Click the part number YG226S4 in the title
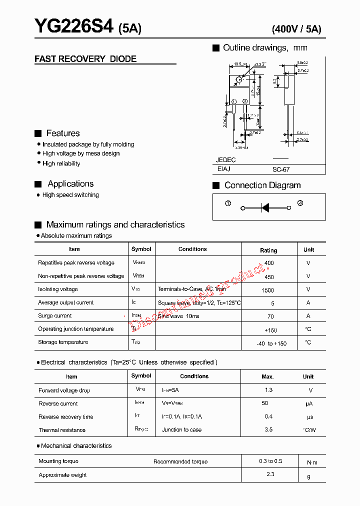pos(74,26)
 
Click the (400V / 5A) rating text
pos(296,29)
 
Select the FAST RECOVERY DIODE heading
pos(85,59)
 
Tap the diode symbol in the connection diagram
pos(265,207)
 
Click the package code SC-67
pos(281,169)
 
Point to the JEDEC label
pos(225,160)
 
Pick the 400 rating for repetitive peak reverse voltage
pos(269,263)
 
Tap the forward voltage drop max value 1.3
pos(268,390)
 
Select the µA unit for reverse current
pos(309,404)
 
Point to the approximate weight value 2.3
pos(270,474)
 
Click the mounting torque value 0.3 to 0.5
pos(270,461)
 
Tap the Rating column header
pos(268,250)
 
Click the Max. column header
pos(267,376)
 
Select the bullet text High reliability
pos(61,163)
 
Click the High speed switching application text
pos(70,195)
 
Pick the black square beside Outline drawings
pos(216,48)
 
